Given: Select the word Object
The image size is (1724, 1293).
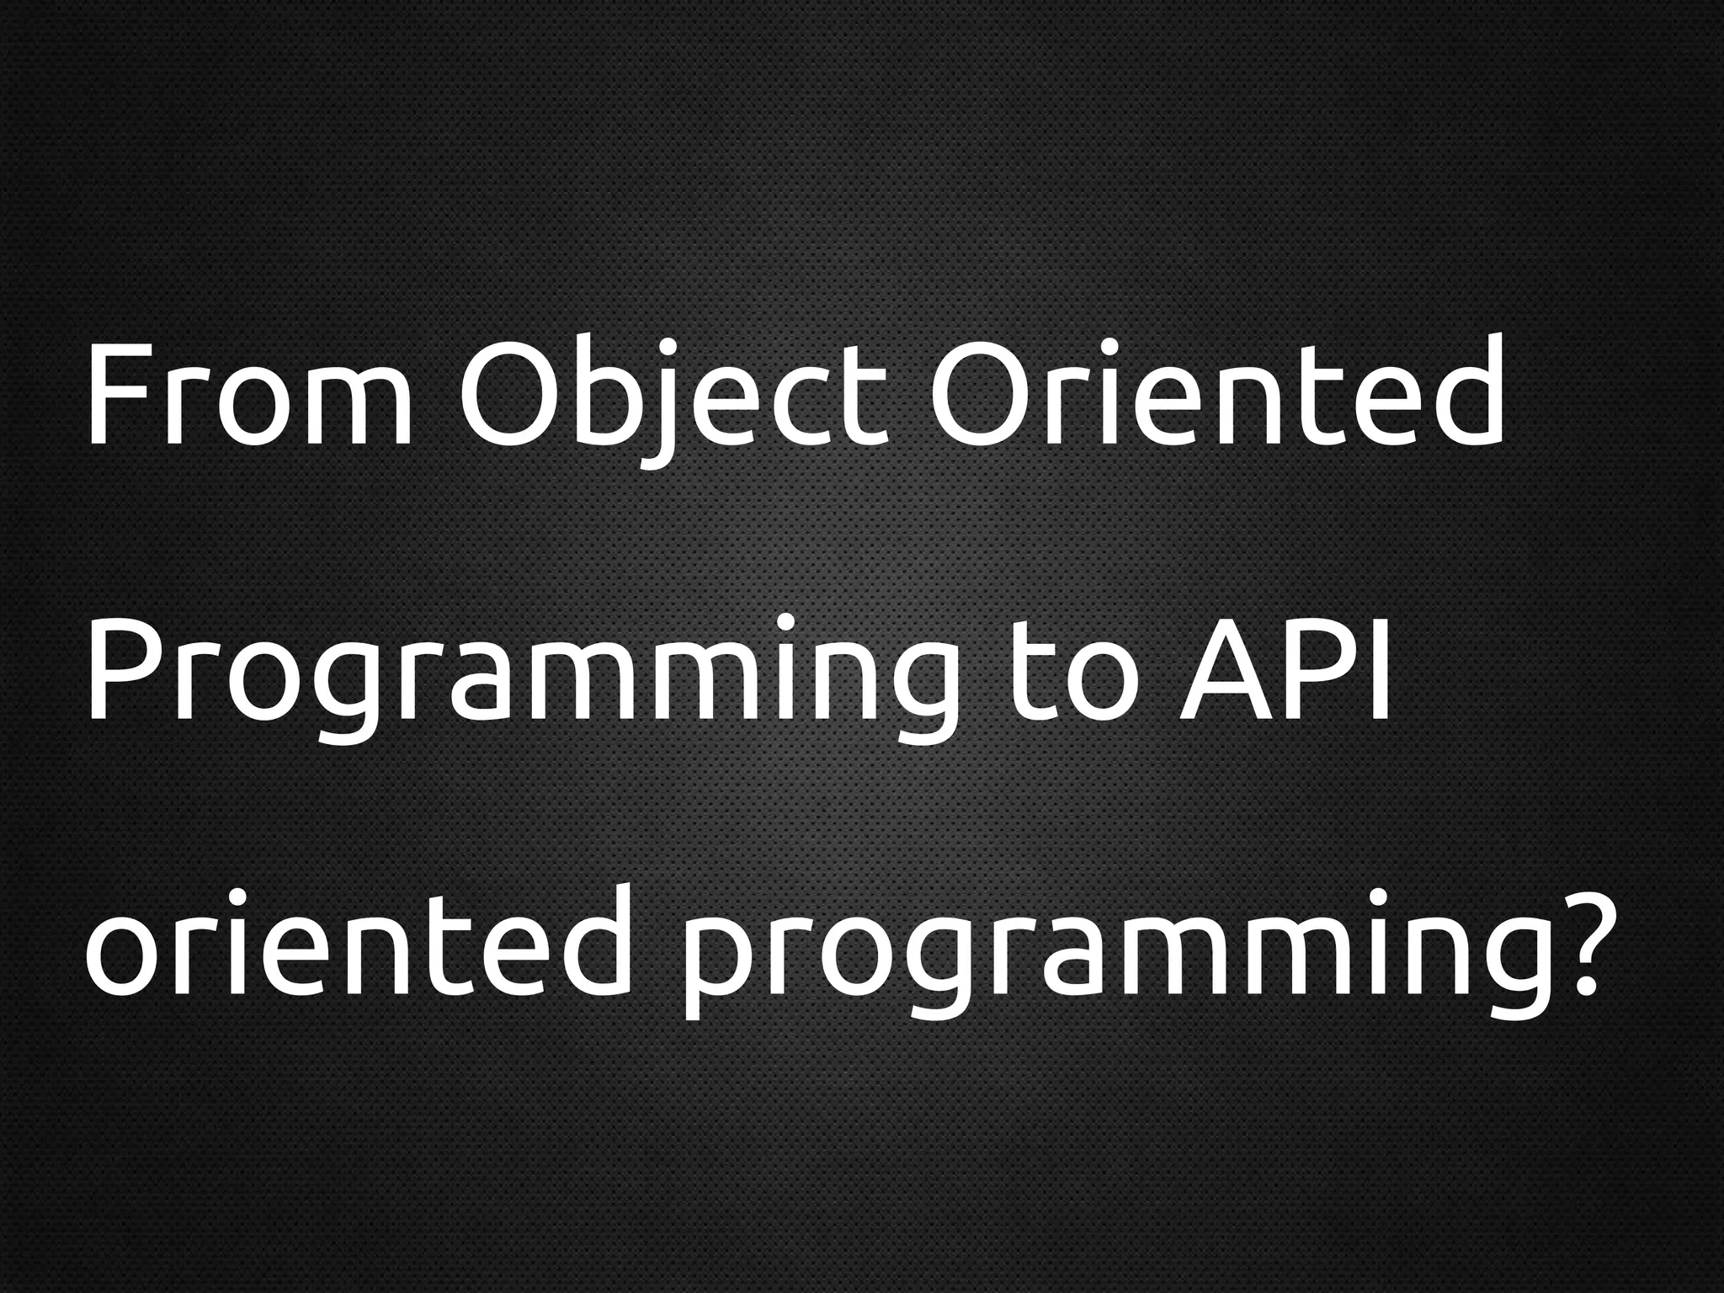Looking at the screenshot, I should (674, 394).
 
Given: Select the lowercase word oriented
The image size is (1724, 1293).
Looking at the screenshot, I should (359, 944).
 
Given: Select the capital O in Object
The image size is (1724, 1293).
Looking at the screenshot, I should (508, 394).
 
